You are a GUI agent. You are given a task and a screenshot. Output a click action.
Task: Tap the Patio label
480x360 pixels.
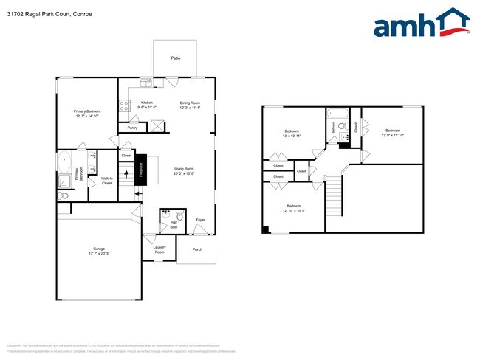(176, 57)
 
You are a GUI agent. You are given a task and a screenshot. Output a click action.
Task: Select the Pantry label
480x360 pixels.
(132, 128)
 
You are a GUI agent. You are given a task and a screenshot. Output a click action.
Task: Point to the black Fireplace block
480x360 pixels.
(152, 170)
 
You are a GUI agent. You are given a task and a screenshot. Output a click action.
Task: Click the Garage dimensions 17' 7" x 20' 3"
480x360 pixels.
(98, 253)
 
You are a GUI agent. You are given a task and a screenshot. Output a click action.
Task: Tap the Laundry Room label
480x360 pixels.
(160, 249)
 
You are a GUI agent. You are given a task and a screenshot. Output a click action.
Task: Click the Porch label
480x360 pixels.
(197, 249)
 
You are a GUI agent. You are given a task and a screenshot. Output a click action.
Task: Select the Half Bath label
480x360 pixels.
(174, 225)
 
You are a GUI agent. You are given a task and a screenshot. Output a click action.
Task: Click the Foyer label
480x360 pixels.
(200, 220)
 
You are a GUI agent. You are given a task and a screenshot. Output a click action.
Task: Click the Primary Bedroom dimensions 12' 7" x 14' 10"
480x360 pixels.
(86, 116)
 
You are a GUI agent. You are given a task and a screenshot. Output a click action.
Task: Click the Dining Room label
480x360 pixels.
(190, 103)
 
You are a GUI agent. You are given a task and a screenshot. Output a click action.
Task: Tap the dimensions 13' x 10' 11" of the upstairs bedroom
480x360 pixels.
(290, 136)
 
